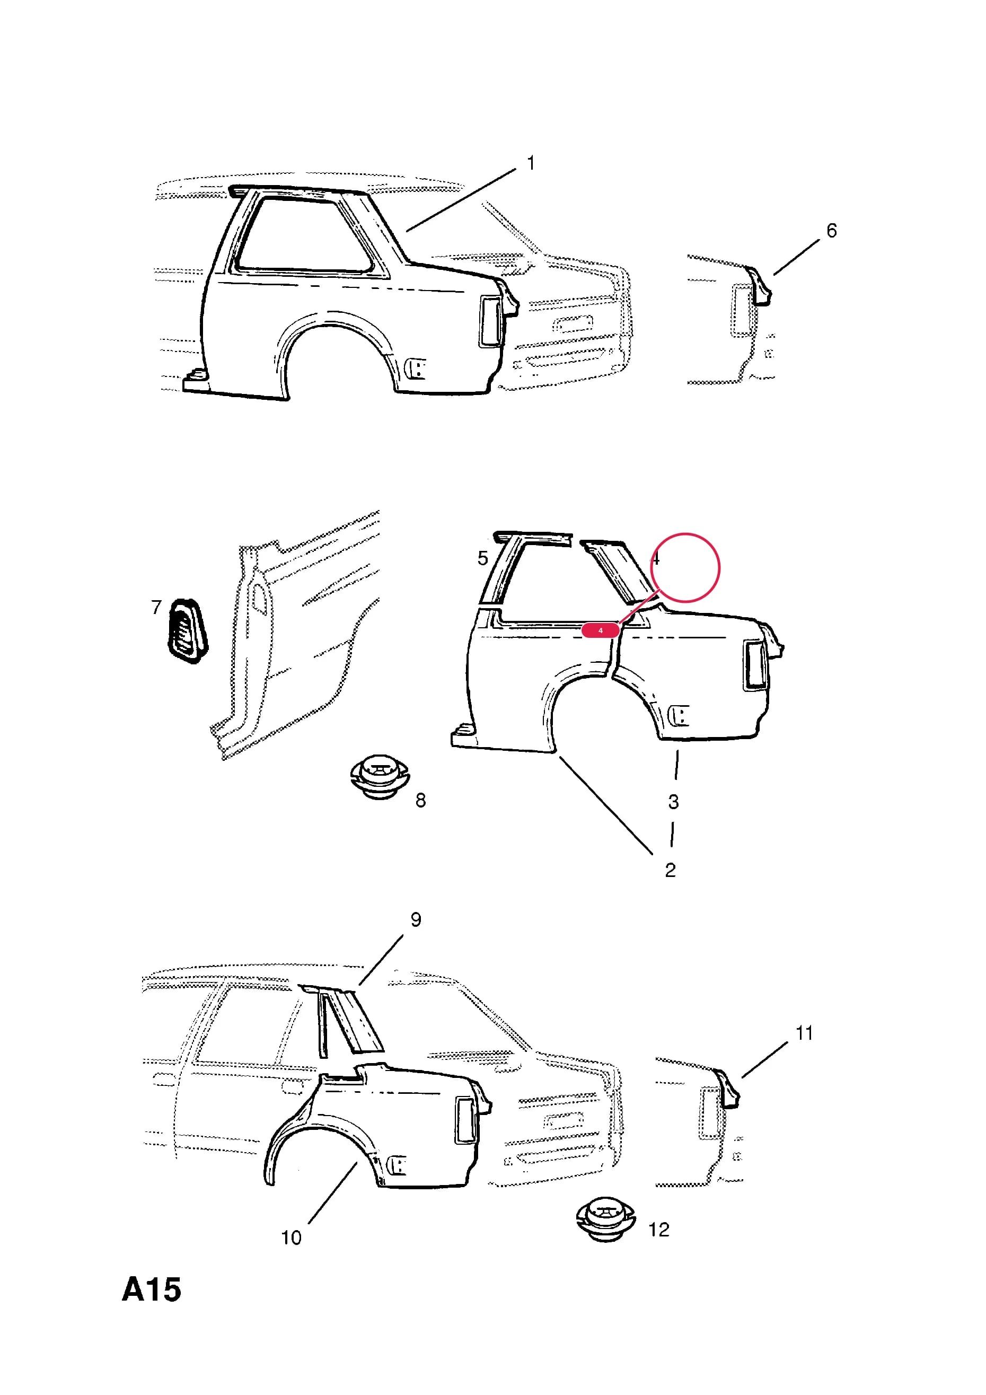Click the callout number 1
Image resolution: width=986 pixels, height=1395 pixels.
(530, 163)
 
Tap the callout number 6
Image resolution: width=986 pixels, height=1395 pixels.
(831, 231)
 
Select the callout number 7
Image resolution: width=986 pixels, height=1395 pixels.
(156, 607)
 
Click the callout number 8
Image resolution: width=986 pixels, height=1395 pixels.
(420, 801)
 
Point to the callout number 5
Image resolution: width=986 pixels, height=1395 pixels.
(482, 558)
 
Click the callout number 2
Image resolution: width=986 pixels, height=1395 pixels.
(670, 870)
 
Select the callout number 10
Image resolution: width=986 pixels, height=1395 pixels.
(291, 1238)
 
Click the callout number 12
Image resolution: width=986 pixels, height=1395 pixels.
(658, 1230)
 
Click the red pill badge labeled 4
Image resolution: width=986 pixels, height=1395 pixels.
(600, 630)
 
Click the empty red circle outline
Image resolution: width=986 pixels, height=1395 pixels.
(685, 533)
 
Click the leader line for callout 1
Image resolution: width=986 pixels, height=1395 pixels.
(461, 200)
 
